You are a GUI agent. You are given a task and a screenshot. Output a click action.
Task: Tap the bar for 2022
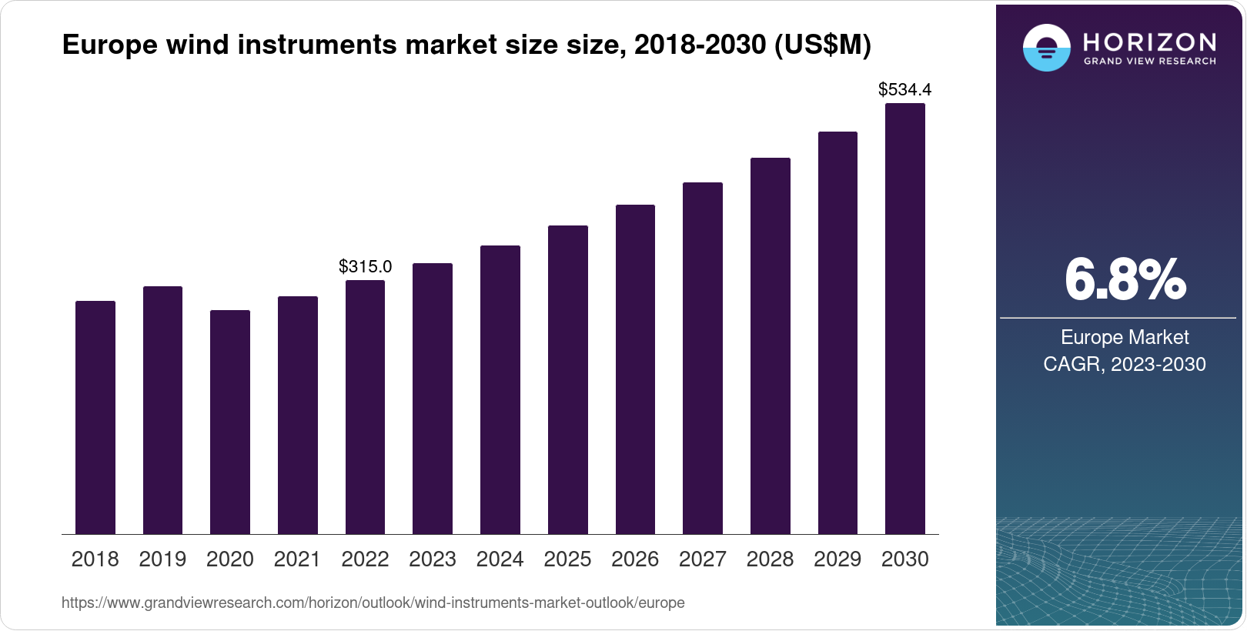point(365,407)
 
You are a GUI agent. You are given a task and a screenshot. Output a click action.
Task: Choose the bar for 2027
point(702,358)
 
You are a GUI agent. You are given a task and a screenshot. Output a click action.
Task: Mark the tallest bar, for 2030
point(904,319)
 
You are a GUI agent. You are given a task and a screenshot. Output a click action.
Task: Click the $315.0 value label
point(365,267)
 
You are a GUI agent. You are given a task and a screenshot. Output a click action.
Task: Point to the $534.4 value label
point(904,90)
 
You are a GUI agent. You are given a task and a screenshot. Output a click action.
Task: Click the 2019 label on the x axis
point(162,559)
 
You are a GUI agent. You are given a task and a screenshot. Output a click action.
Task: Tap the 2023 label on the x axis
point(433,559)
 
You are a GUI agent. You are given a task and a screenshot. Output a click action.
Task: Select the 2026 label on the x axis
point(635,559)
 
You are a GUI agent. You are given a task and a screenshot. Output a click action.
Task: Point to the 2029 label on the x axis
point(837,559)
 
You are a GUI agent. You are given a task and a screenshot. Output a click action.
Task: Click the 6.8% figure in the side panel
point(1125,280)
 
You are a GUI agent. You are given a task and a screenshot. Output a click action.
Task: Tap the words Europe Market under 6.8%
point(1125,337)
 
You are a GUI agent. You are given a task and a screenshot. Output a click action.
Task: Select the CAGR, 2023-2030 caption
point(1125,364)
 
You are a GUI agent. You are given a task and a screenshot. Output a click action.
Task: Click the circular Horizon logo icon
point(1046,48)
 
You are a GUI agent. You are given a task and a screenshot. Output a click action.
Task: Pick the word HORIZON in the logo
point(1149,42)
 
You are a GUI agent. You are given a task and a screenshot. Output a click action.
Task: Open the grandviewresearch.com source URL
point(373,603)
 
